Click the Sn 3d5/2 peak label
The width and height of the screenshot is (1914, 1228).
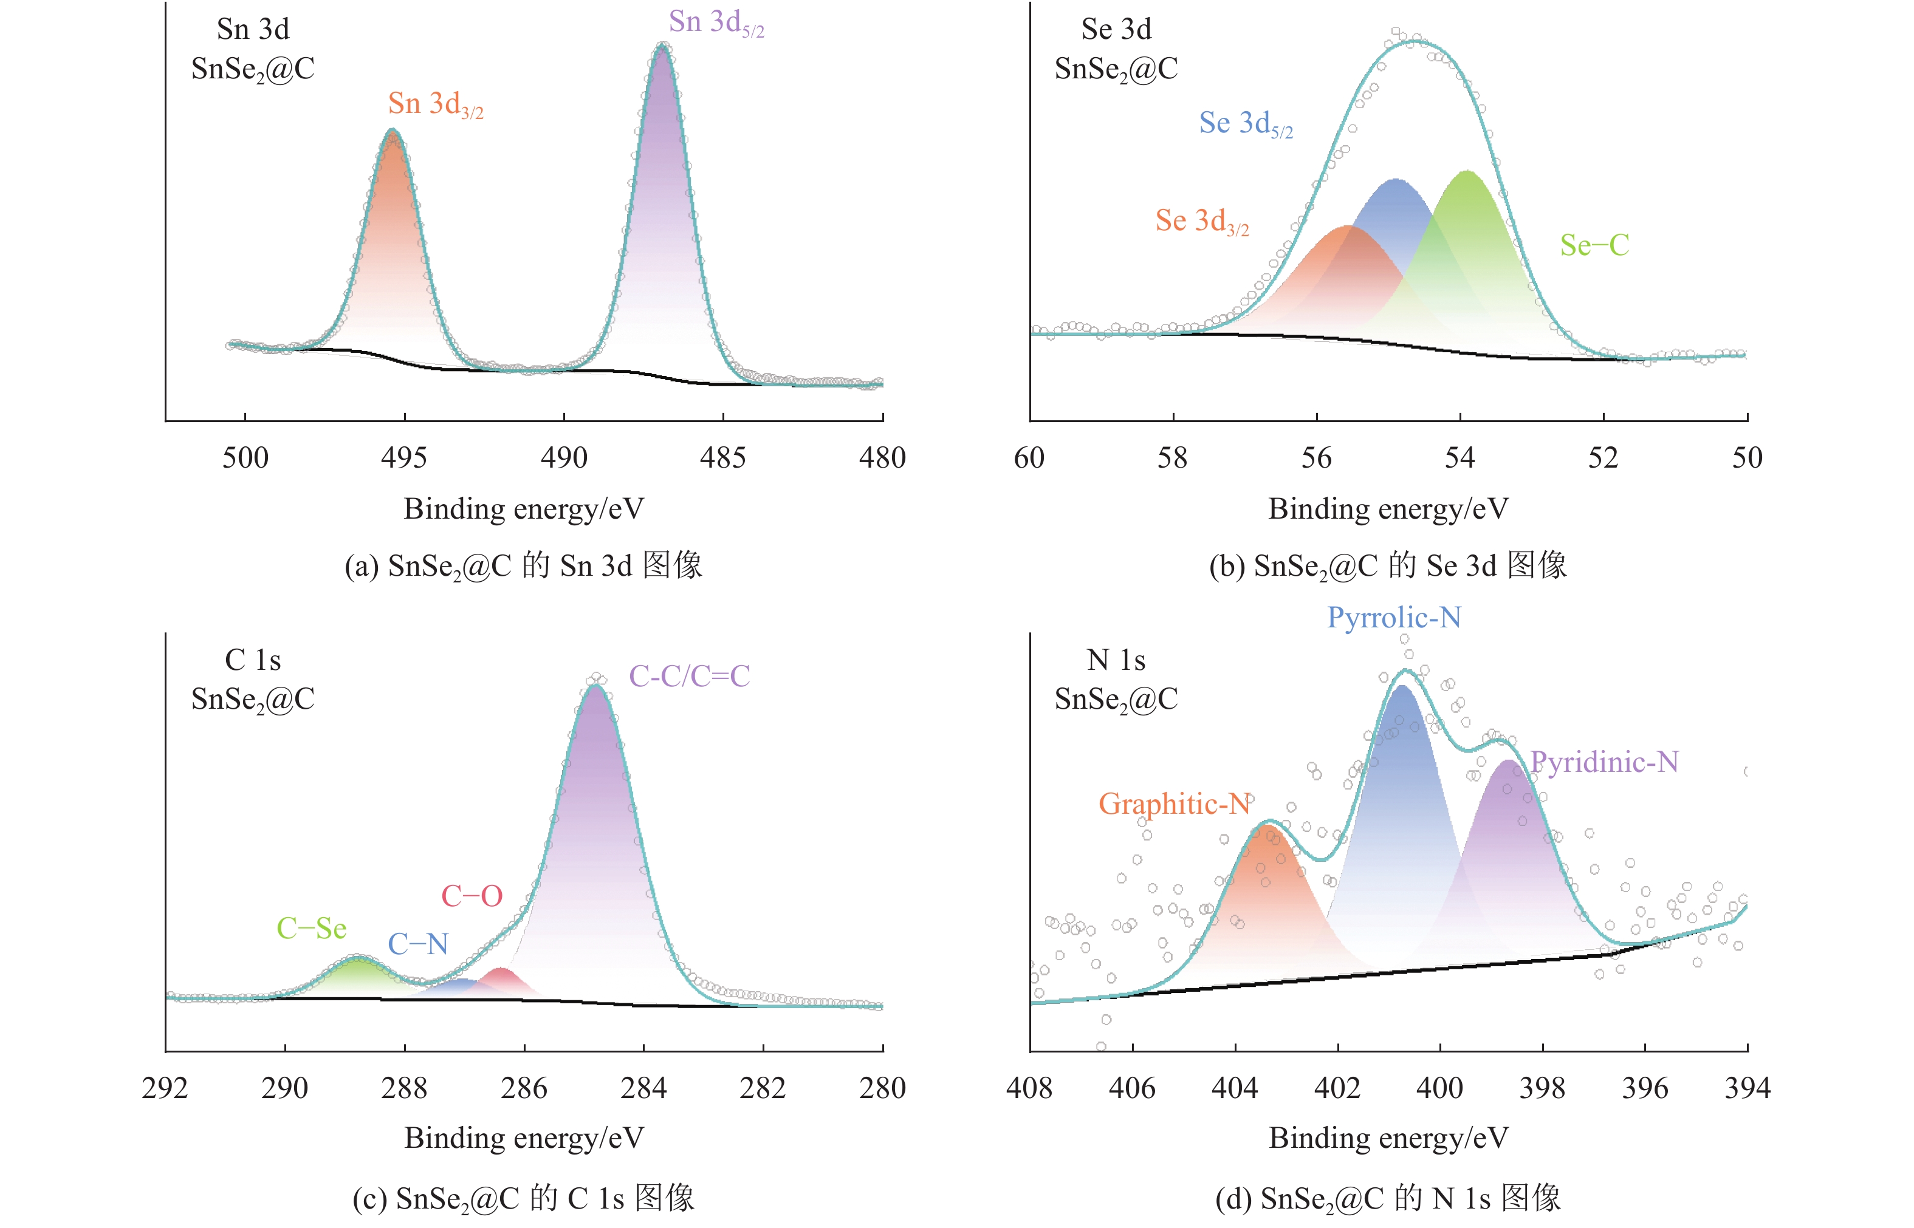[716, 23]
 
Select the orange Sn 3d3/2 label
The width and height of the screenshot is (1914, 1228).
[436, 104]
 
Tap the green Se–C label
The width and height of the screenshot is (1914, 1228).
[1594, 245]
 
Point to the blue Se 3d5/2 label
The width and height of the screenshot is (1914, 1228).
[1246, 124]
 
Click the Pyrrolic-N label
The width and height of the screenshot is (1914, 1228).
[1394, 617]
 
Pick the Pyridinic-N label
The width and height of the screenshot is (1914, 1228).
[1604, 762]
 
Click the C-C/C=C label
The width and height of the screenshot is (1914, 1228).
[689, 676]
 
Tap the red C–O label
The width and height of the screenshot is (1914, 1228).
[472, 896]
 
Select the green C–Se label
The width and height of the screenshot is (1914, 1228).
[311, 928]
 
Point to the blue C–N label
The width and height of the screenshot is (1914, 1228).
[417, 944]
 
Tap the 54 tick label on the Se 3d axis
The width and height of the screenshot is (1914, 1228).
[1460, 458]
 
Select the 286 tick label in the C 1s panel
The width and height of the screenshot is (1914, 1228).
[524, 1088]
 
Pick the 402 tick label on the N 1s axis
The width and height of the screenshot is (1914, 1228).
[1337, 1088]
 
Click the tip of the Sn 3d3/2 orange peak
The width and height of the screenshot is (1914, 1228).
[393, 132]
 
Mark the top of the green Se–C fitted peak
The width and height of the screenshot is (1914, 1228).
[1466, 173]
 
